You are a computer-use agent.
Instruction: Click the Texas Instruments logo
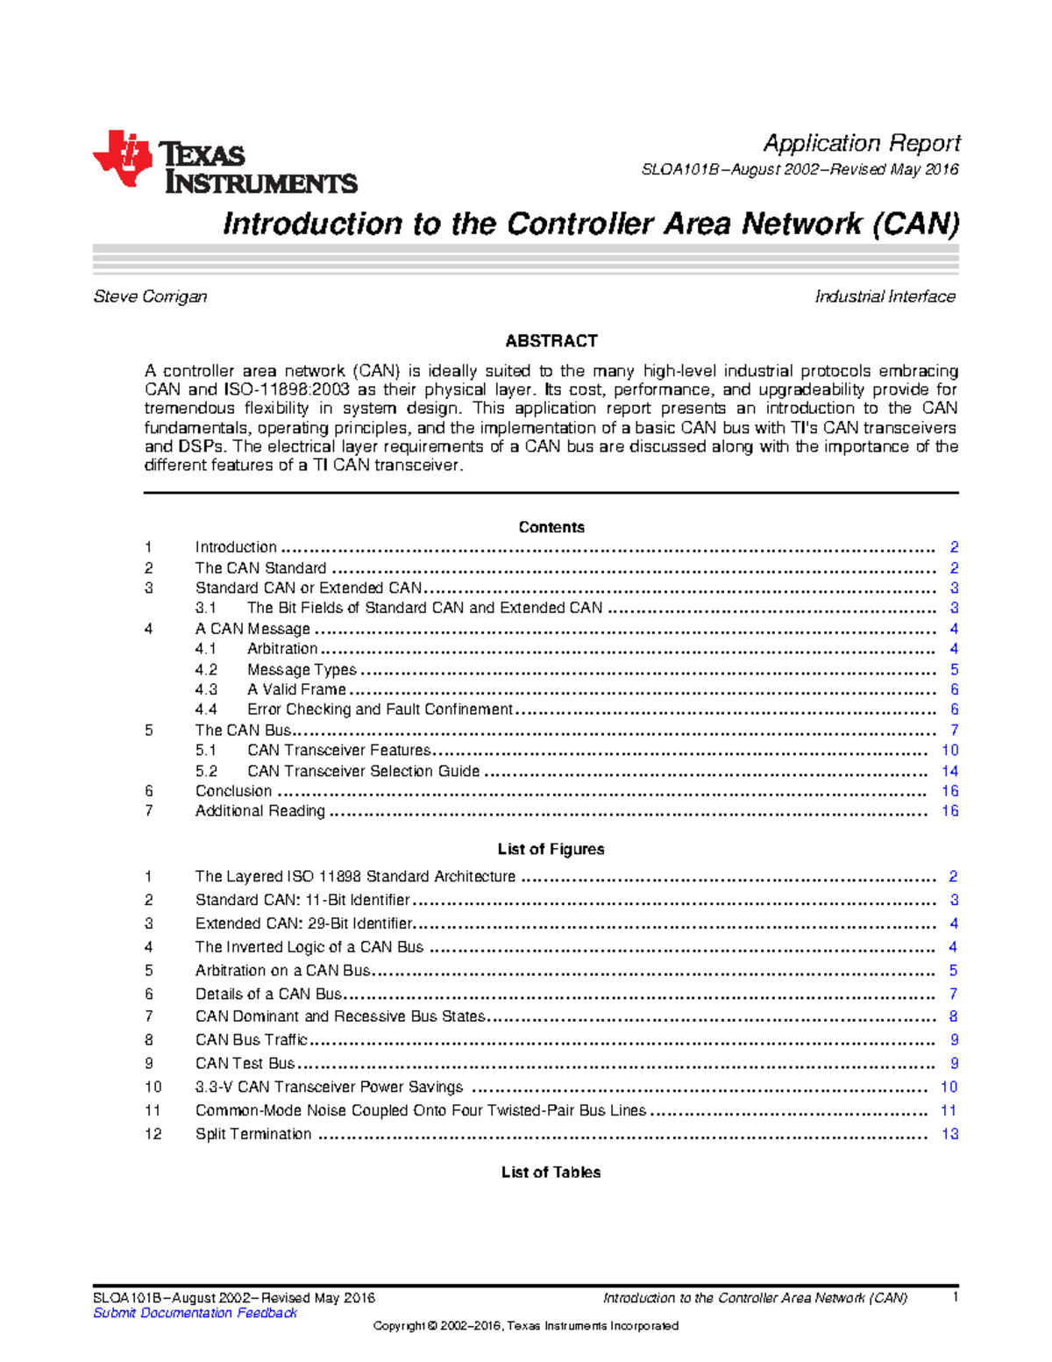click(x=224, y=163)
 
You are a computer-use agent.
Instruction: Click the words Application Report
click(x=861, y=143)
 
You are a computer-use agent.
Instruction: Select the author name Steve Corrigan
click(x=150, y=296)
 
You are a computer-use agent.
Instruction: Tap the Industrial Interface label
click(x=885, y=296)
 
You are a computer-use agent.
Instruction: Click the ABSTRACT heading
click(x=551, y=340)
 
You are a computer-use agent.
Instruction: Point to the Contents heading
click(x=551, y=527)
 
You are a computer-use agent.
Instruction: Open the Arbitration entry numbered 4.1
click(x=281, y=649)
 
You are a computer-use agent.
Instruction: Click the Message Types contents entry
click(x=302, y=669)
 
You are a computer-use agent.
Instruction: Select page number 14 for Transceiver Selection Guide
click(x=949, y=771)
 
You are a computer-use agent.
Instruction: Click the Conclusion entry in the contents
click(x=233, y=791)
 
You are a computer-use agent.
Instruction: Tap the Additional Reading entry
click(x=259, y=811)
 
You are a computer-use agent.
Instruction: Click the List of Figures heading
click(x=551, y=849)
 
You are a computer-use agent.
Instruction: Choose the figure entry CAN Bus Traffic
click(x=251, y=1040)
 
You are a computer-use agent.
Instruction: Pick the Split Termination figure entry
click(x=252, y=1134)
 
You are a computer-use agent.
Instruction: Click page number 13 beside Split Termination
click(x=949, y=1134)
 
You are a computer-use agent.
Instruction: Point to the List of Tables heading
click(x=551, y=1173)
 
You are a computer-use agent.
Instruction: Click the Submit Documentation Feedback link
click(x=195, y=1313)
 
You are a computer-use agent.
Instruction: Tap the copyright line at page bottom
click(x=525, y=1326)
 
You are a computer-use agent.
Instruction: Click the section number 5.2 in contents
click(x=206, y=771)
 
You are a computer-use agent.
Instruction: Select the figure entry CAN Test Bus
click(x=245, y=1064)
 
